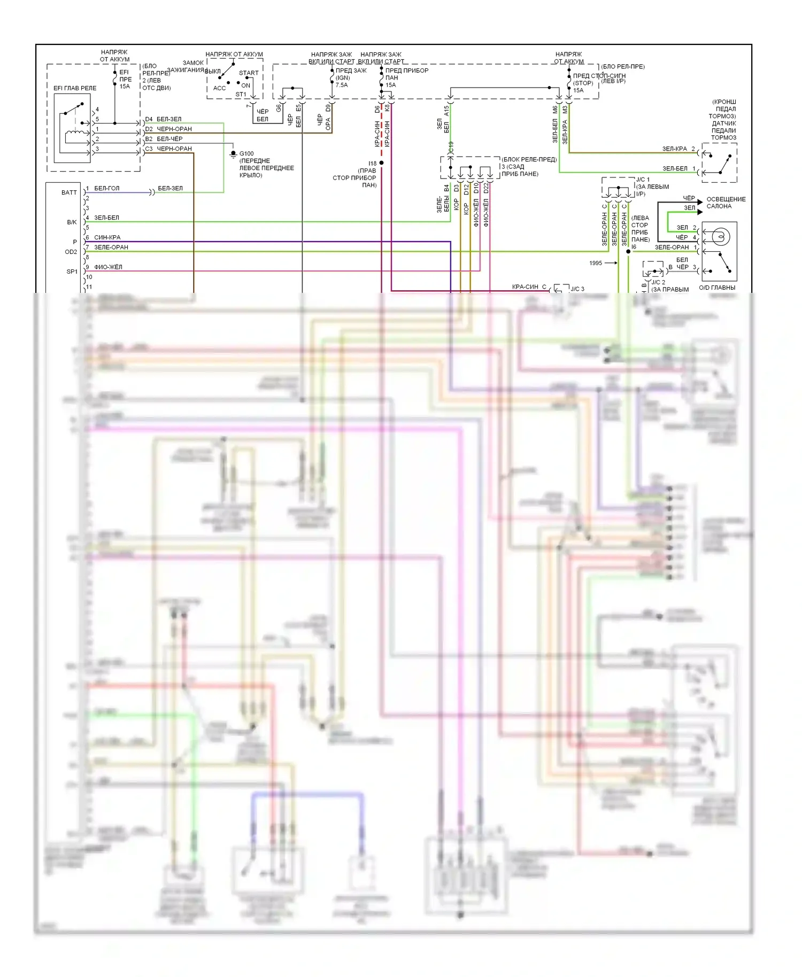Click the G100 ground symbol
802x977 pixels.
(x=233, y=154)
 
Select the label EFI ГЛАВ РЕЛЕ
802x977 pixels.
(x=75, y=88)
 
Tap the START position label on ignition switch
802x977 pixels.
(x=249, y=73)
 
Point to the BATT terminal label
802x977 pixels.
(x=69, y=192)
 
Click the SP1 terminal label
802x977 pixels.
(x=72, y=272)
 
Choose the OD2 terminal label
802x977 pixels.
(x=71, y=252)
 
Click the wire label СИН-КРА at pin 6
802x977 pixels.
(x=107, y=237)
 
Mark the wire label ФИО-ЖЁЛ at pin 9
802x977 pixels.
(x=108, y=267)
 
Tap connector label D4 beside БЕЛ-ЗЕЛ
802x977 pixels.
(x=149, y=119)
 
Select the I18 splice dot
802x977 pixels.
(x=381, y=162)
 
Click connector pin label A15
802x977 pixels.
(x=446, y=111)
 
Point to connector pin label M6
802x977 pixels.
(x=555, y=110)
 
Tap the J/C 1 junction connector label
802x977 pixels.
(x=643, y=180)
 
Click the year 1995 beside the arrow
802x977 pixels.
(x=596, y=263)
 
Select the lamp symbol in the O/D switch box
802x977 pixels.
(x=720, y=236)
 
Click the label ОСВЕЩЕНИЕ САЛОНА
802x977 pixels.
(x=726, y=203)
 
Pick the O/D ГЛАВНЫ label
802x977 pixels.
(x=717, y=288)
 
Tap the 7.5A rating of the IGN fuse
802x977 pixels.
(x=342, y=85)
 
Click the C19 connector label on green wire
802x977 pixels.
(x=451, y=146)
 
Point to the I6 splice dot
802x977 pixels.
(x=628, y=251)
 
